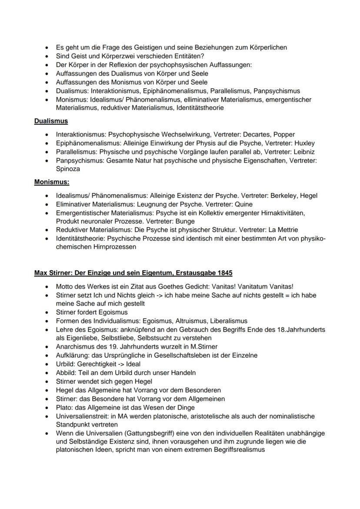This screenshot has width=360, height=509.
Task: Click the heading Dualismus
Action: coord(51,121)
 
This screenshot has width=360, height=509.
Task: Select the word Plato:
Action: coord(65,407)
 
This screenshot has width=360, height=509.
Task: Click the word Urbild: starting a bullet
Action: coord(67,364)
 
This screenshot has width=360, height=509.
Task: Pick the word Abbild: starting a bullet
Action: coord(67,373)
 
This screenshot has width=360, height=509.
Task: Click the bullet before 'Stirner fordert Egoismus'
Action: coord(47,313)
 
